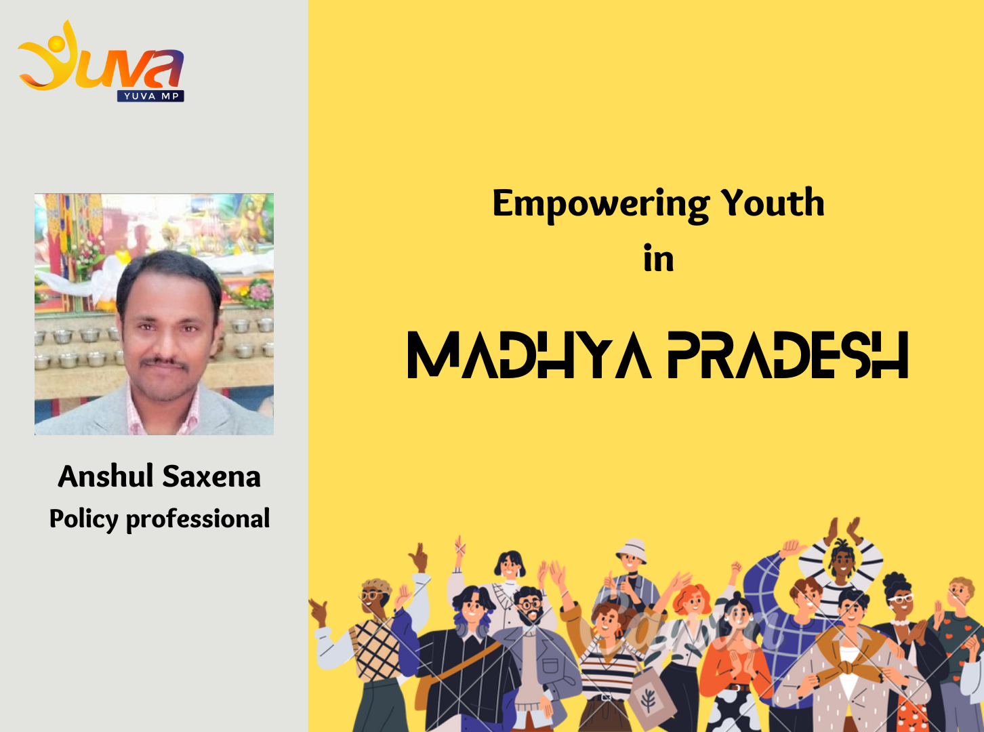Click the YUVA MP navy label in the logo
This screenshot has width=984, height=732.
pos(151,96)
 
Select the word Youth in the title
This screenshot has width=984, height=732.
pos(773,203)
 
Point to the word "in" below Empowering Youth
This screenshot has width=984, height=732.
pos(659,258)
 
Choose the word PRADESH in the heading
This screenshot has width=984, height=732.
pos(788,355)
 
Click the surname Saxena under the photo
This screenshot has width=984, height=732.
pos(211,476)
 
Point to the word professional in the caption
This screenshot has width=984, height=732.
pos(198,519)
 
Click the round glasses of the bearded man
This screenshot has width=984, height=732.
pos(529,604)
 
